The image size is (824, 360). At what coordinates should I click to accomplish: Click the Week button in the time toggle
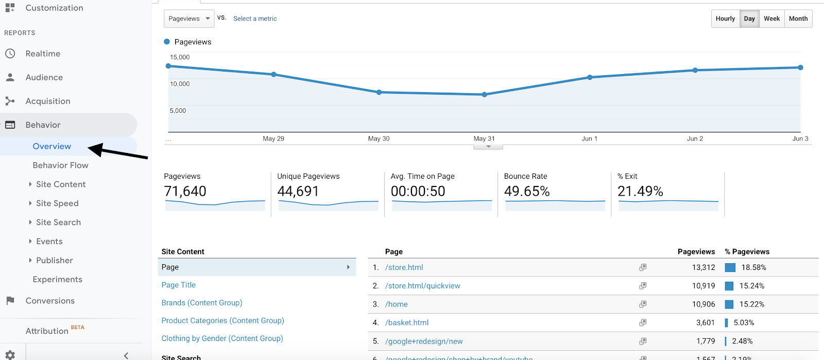(771, 19)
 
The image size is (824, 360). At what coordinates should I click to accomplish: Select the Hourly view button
(725, 19)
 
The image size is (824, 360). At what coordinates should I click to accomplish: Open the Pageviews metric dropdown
(189, 19)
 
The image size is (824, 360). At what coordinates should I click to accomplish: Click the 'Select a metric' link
(255, 19)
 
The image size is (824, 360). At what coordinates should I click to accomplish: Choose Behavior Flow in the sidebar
(60, 165)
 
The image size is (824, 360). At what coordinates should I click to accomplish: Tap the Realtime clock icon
(10, 54)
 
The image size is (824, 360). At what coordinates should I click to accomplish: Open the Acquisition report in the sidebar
(48, 101)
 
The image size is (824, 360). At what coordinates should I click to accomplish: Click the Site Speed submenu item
(57, 203)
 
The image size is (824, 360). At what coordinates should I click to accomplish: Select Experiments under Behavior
(57, 280)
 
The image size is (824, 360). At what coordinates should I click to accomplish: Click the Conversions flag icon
(10, 301)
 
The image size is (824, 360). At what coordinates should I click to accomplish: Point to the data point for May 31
(484, 95)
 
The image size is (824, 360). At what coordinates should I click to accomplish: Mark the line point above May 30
(379, 92)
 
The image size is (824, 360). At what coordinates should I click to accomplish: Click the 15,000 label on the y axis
(180, 57)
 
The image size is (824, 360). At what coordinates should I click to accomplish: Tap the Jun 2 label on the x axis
(695, 139)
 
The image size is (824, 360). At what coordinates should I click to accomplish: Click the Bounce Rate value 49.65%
(527, 192)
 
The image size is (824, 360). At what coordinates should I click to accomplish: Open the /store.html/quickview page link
(422, 286)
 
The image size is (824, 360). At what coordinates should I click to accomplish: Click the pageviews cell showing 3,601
(705, 323)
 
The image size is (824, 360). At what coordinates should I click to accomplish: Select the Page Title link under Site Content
(178, 285)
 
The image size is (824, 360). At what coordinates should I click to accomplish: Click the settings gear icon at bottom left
(10, 355)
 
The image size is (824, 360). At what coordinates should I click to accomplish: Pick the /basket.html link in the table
(407, 323)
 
